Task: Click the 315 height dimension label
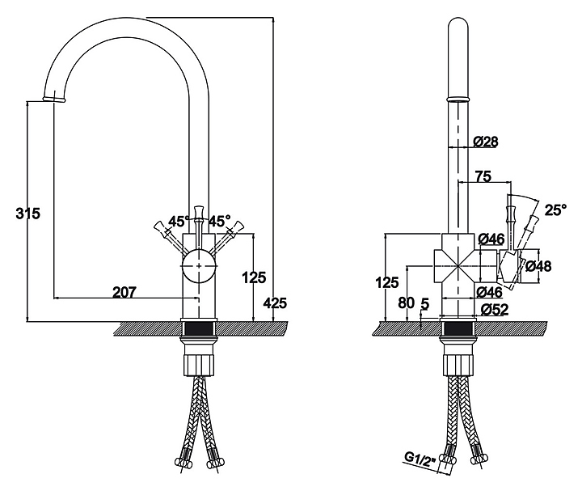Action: click(27, 214)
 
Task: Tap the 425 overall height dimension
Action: click(275, 303)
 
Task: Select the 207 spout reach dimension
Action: click(124, 292)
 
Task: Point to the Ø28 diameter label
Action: click(486, 142)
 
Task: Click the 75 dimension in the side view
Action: click(483, 176)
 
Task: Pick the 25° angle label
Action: click(555, 210)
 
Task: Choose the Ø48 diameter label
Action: click(538, 266)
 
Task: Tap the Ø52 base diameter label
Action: click(495, 309)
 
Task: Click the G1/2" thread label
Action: click(420, 459)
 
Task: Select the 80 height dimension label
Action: click(406, 303)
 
